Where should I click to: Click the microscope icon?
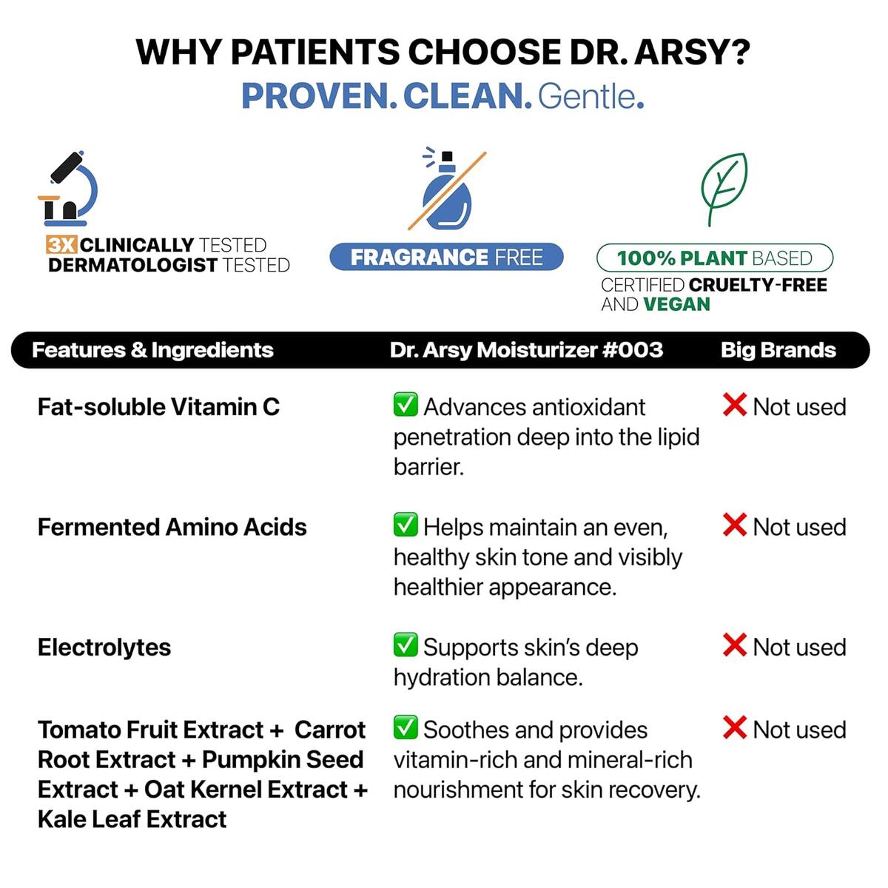tap(68, 189)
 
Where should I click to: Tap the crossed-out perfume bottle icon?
tap(446, 190)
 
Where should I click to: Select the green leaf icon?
tap(723, 188)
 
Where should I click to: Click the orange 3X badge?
tap(62, 245)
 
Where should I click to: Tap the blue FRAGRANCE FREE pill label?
tap(446, 257)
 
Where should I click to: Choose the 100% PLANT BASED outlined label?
tap(715, 258)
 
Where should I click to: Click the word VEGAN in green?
tap(676, 304)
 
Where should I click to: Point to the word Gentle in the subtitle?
tap(586, 96)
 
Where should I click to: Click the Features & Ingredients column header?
tap(152, 350)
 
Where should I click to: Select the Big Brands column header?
tap(778, 350)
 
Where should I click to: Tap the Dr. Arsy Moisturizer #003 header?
tap(526, 350)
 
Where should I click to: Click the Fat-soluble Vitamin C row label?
tap(158, 407)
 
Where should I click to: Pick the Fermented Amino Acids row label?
tap(172, 527)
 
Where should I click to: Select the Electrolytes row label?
tap(104, 647)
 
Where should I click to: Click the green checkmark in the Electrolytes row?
tap(406, 645)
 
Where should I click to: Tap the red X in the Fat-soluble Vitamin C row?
tap(734, 406)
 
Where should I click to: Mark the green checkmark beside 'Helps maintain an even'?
tap(406, 525)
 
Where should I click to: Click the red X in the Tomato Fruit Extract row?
tap(734, 728)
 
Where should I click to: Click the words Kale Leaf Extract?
tap(132, 819)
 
